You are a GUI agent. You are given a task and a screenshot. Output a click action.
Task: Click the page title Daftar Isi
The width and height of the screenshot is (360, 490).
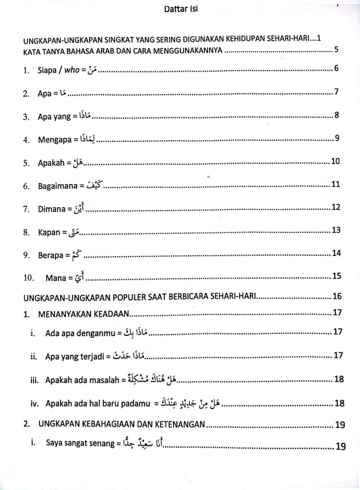pyautogui.click(x=181, y=9)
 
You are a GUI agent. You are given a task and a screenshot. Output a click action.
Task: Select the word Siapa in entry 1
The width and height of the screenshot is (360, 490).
pyautogui.click(x=48, y=71)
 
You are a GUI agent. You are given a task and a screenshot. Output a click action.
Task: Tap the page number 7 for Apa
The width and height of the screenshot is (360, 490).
pyautogui.click(x=336, y=93)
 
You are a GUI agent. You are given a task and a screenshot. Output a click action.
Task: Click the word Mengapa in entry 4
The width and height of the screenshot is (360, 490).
pyautogui.click(x=55, y=140)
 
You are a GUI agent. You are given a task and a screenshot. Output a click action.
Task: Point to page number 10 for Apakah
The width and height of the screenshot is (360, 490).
pyautogui.click(x=335, y=161)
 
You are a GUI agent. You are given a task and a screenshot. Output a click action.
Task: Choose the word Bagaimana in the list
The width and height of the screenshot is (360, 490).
pyautogui.click(x=58, y=186)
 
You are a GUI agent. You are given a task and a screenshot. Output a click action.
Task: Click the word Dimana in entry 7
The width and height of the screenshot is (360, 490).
pyautogui.click(x=52, y=209)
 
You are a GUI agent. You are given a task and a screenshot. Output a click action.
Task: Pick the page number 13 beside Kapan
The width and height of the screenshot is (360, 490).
pyautogui.click(x=336, y=230)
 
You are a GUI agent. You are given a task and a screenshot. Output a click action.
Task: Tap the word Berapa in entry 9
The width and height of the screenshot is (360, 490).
pyautogui.click(x=50, y=255)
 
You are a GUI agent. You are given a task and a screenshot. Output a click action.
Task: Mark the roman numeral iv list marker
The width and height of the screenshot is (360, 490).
pyautogui.click(x=34, y=404)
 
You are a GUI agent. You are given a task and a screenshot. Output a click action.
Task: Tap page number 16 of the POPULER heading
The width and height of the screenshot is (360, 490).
pyautogui.click(x=337, y=296)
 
